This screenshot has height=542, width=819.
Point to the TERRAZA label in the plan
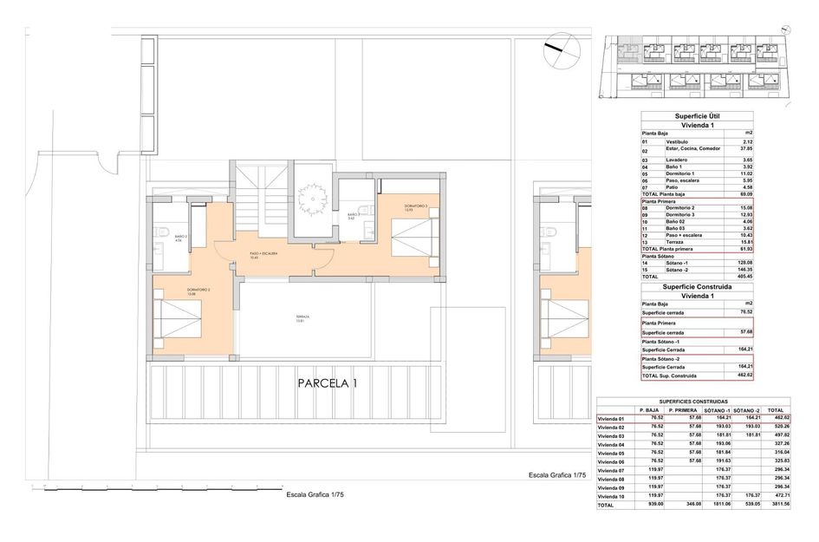point(300,317)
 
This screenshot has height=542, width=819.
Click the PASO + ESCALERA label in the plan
point(262,253)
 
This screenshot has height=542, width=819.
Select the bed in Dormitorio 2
point(179,318)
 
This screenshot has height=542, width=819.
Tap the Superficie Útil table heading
point(696,115)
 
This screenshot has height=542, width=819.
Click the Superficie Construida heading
point(696,286)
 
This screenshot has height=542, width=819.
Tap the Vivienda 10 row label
point(612,496)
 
